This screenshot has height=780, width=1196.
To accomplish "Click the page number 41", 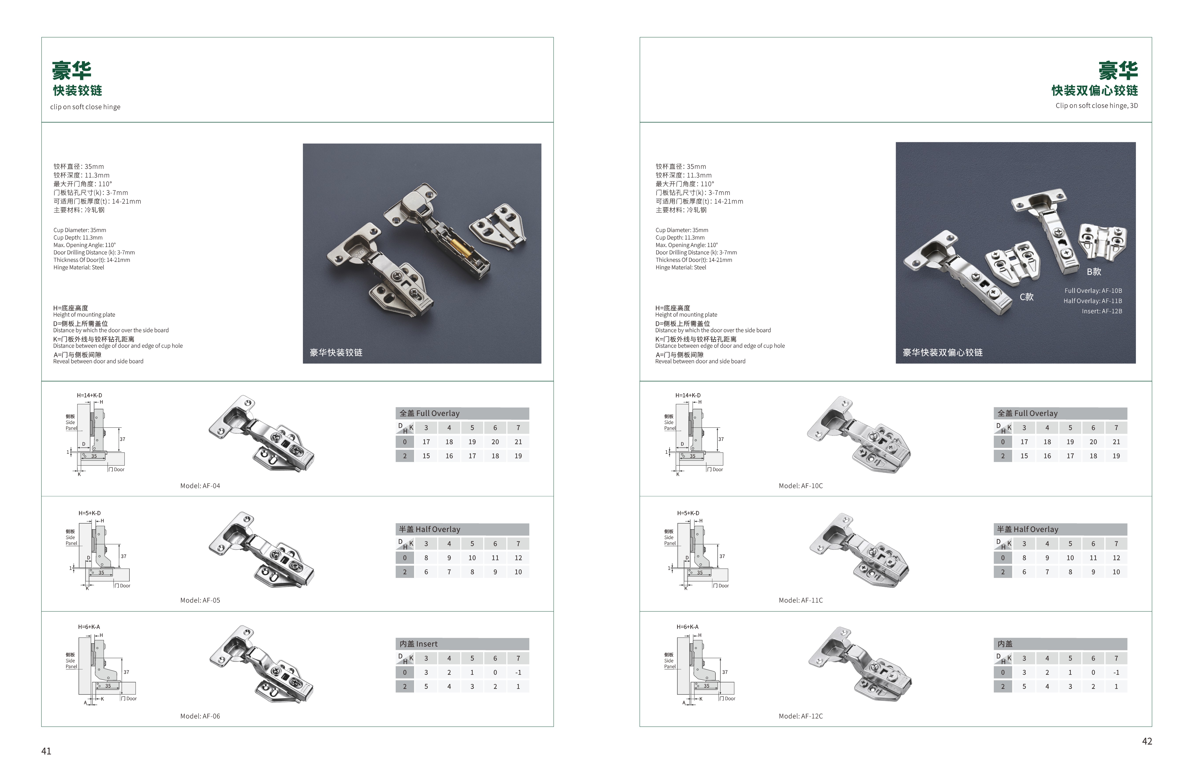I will coord(46,751).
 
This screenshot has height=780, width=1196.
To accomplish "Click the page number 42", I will coord(1147,741).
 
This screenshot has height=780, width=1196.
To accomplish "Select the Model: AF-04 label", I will coord(200,485).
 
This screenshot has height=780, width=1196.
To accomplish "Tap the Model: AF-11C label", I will coord(800,600).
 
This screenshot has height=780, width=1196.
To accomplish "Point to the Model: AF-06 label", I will coord(200,716).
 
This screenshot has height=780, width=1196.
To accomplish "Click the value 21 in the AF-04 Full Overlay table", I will coord(518,442).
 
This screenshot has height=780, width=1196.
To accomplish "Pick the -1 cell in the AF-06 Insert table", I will coord(518,672).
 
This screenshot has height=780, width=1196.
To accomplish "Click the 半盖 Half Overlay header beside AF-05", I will coord(430,529).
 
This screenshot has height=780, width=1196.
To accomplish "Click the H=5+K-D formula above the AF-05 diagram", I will coord(89,513).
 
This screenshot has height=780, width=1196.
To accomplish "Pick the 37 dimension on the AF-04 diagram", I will coord(122,439).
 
